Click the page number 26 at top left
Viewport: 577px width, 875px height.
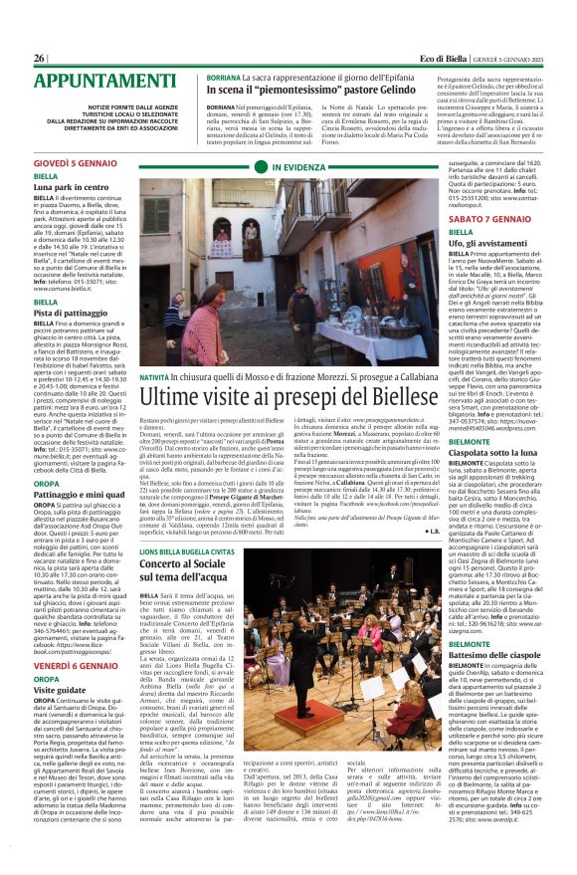40,58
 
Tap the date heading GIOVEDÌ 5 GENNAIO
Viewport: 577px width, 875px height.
75,161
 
